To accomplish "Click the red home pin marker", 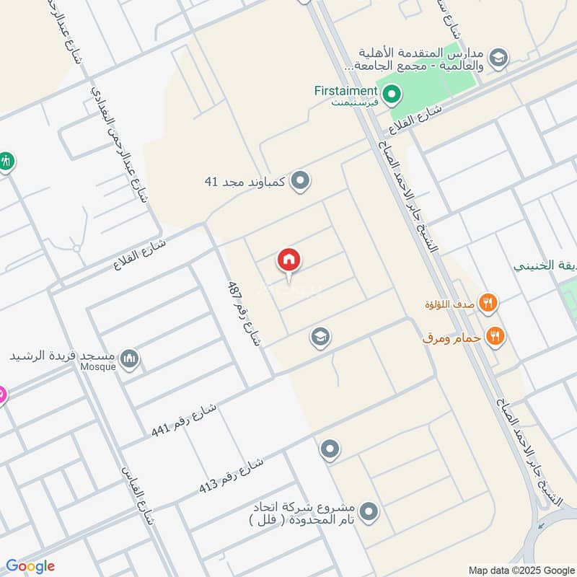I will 289,260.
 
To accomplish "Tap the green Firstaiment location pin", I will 392,93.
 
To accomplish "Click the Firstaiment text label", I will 346,91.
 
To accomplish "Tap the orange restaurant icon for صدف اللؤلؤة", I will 489,304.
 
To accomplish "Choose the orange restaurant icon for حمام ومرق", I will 495,335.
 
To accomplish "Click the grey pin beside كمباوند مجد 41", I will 301,181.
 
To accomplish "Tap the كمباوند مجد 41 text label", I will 246,181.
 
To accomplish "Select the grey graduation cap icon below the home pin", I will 320,336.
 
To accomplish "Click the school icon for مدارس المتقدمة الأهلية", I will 498,57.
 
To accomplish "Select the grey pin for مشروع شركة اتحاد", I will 369,513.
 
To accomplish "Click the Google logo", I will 30,566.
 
